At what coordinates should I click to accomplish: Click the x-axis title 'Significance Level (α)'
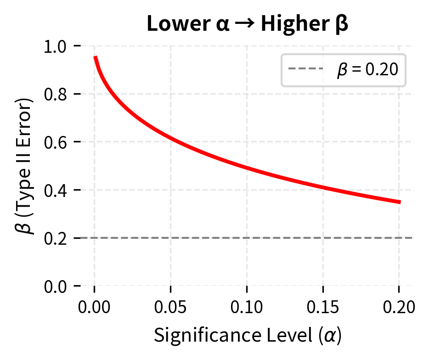click(247, 336)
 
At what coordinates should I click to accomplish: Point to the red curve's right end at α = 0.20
click(400, 202)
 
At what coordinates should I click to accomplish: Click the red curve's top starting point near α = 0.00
click(95, 57)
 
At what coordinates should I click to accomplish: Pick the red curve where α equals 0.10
click(247, 168)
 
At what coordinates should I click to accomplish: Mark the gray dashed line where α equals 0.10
click(247, 238)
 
